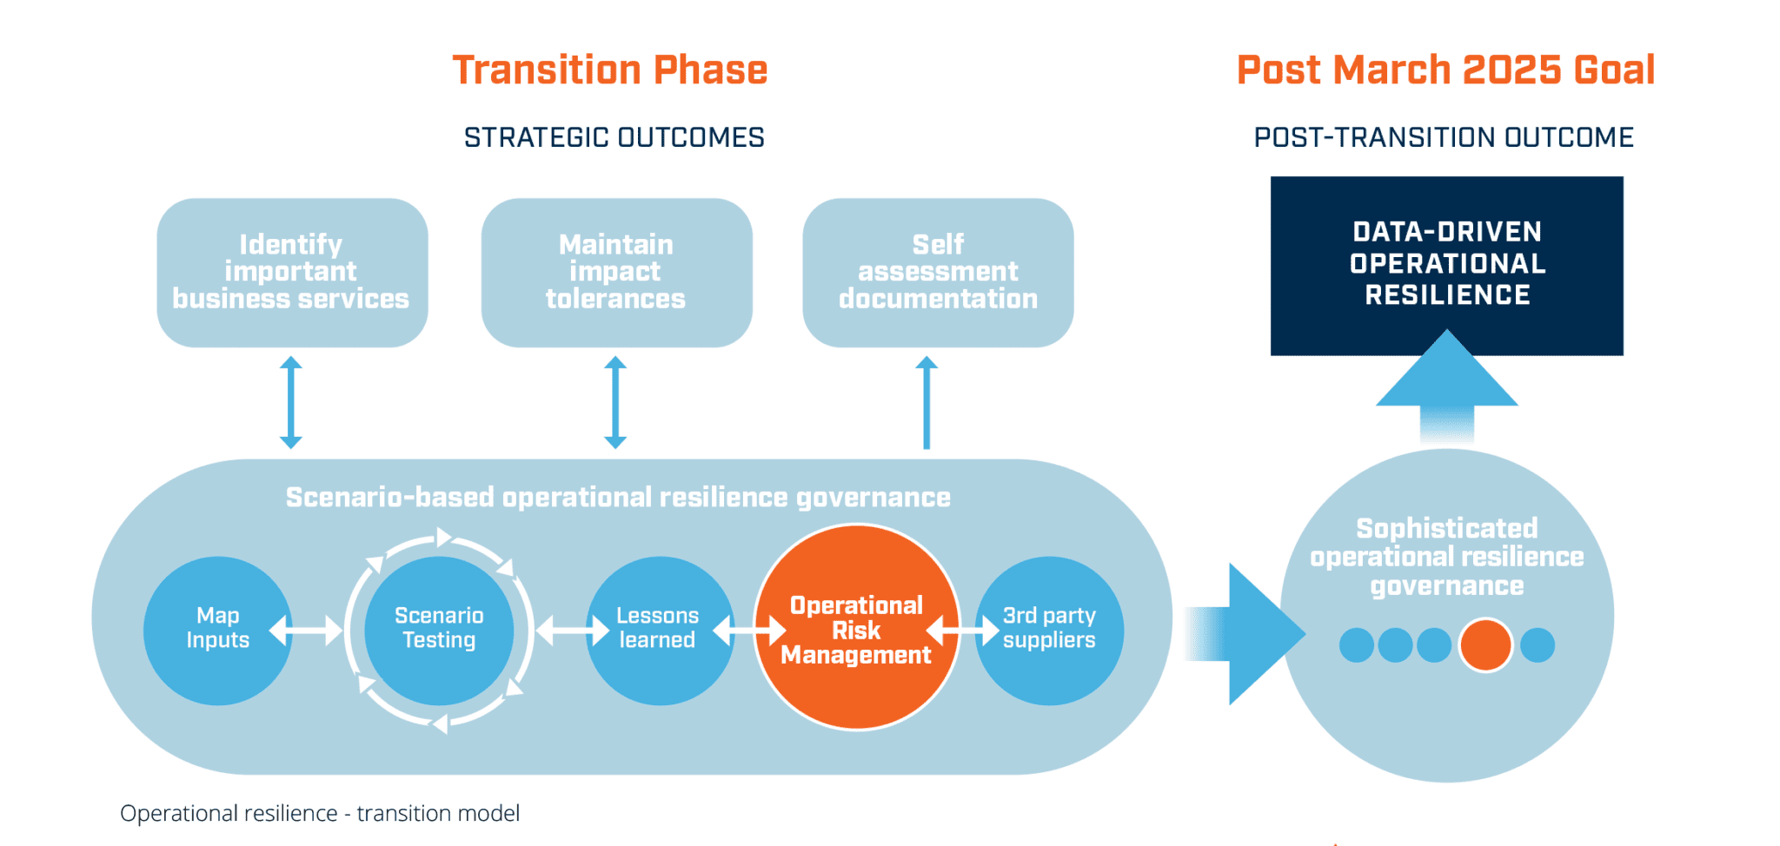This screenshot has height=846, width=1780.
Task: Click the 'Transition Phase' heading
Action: pos(609,70)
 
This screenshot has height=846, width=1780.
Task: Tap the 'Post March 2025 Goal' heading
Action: pos(1445,70)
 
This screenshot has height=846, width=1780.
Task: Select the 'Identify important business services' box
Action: pos(292,272)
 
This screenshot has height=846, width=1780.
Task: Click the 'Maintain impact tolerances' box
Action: pos(616,272)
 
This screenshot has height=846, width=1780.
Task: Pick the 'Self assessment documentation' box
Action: pos(938,272)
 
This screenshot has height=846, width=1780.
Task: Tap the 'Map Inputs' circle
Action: pos(217,629)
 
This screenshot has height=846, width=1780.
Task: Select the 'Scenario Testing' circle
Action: pos(439,629)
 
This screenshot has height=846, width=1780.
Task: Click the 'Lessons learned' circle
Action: pos(658,629)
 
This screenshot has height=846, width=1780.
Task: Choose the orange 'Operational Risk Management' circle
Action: pos(856,629)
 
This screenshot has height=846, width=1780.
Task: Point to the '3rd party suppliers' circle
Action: pos(1049,629)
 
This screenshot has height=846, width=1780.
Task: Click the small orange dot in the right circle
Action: pos(1485,645)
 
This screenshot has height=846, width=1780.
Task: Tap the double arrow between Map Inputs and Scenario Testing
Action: pos(306,630)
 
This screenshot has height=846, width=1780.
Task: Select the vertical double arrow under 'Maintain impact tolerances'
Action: pos(615,401)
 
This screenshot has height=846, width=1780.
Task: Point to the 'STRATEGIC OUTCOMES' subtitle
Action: pos(614,137)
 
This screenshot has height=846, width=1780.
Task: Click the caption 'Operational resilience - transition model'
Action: pos(320,813)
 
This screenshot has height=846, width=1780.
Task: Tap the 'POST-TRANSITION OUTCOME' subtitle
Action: pos(1444,137)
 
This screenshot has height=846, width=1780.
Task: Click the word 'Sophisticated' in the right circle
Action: pos(1447,528)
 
